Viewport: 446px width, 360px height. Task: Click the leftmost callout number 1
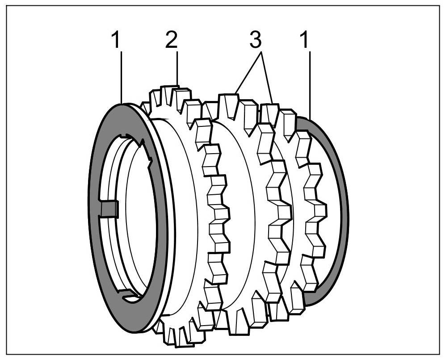coord(116,41)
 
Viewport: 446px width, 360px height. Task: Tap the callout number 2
coord(171,41)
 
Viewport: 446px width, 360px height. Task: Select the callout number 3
coord(255,41)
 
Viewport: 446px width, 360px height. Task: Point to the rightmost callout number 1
coord(305,41)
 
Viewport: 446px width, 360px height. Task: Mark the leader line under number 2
coord(177,67)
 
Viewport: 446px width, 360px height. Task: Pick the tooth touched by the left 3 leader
coord(228,102)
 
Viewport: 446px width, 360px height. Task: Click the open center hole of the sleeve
coord(134,214)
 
